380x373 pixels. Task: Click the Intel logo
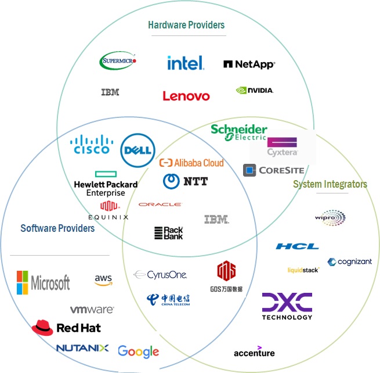pos(185,63)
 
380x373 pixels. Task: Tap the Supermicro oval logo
pos(118,60)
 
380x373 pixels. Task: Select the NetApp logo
pos(249,64)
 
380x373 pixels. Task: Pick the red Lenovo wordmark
pos(186,96)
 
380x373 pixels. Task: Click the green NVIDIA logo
pos(254,91)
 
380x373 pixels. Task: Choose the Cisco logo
pos(91,145)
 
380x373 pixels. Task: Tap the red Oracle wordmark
pos(160,205)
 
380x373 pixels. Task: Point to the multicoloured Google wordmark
pos(138,351)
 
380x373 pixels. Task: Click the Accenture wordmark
pos(254,352)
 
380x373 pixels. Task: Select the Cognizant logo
pos(350,262)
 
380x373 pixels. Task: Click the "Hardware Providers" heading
pos(186,25)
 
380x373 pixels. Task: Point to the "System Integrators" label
pos(330,184)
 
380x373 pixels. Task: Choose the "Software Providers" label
pos(57,228)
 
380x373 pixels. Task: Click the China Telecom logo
pos(168,300)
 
